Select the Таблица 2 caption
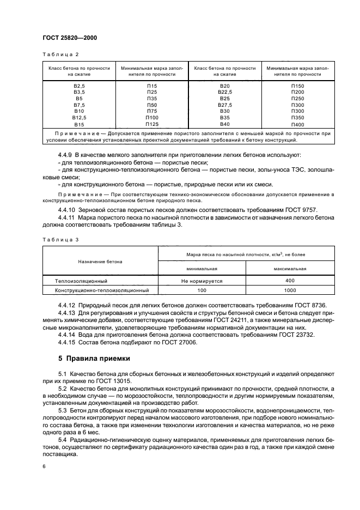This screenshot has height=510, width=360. pyautogui.click(x=60, y=54)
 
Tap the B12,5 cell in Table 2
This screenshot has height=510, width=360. pyautogui.click(x=79, y=118)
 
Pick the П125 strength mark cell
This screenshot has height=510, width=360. pyautogui.click(x=151, y=124)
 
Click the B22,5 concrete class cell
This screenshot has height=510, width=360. pyautogui.click(x=225, y=93)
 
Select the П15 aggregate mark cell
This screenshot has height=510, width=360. pyautogui.click(x=151, y=87)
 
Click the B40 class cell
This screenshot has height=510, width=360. pyautogui.click(x=225, y=124)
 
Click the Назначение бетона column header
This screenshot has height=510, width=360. pyautogui.click(x=100, y=262)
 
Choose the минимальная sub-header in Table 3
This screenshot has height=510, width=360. pyautogui.click(x=202, y=269)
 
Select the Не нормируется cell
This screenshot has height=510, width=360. pyautogui.click(x=202, y=281)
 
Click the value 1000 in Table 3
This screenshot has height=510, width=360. pyautogui.click(x=290, y=290)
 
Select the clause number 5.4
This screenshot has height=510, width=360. pyautogui.click(x=62, y=439)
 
